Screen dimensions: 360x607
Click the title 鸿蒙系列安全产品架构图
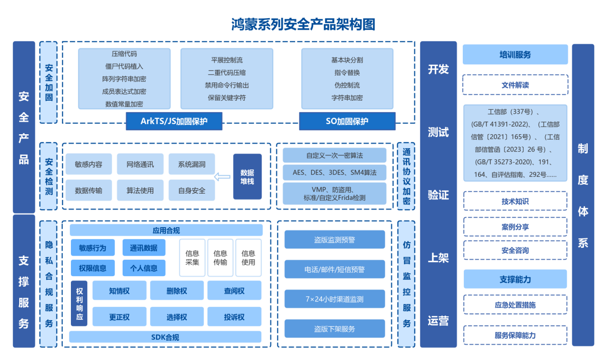[x=303, y=24]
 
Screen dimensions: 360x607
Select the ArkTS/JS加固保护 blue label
[x=174, y=121]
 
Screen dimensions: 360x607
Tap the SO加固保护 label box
[x=347, y=121]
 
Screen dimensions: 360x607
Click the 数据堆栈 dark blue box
[x=247, y=176]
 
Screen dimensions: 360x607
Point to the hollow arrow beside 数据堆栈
[x=222, y=177]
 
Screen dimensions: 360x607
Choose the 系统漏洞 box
[x=192, y=164]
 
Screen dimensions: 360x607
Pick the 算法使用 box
[x=140, y=190]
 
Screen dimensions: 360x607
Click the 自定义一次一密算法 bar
[x=334, y=155]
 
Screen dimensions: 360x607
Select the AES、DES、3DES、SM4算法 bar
[x=334, y=172]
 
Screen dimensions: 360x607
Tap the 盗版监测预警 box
[x=334, y=240]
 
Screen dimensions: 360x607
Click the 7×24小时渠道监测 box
[x=334, y=299]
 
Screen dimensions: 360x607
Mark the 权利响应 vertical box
[x=79, y=303]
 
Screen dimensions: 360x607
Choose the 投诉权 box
[x=234, y=317]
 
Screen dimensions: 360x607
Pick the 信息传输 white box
[x=220, y=258]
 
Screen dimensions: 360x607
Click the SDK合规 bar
[x=165, y=337]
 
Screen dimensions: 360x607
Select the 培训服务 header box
[x=515, y=55]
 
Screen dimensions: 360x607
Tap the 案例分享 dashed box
[x=515, y=227]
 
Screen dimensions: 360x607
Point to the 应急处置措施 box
[x=515, y=305]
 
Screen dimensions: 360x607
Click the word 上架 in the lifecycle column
[x=438, y=258]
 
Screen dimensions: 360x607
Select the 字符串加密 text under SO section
[x=347, y=98]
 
